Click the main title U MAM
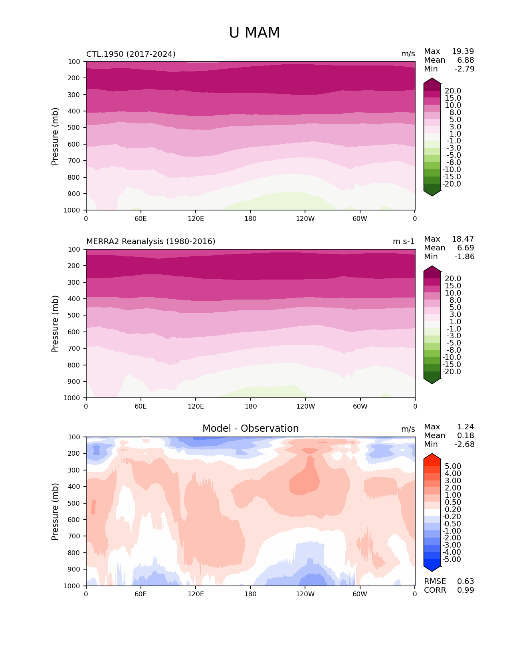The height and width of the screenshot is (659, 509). point(254,33)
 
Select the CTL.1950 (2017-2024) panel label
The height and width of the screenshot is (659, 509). point(131,54)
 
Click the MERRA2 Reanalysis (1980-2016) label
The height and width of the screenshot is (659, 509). point(151,242)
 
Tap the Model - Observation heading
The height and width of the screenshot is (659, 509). point(250,429)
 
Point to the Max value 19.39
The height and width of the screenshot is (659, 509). point(463,52)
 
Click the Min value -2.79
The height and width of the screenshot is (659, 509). point(464,69)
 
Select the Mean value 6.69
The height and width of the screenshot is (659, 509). point(465,248)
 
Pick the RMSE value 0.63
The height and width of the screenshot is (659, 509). point(465,582)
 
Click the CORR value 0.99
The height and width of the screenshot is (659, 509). point(465,590)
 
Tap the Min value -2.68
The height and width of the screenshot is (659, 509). point(464,445)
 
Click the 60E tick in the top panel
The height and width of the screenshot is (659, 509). point(141,219)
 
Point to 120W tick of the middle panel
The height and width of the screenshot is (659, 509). point(305,407)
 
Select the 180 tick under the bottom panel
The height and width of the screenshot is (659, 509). point(250,594)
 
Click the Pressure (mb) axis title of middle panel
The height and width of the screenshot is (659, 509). point(55,324)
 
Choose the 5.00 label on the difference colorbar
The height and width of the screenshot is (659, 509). point(453,466)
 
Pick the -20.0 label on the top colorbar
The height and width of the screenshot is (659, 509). point(452,184)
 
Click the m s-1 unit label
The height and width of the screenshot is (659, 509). point(404,242)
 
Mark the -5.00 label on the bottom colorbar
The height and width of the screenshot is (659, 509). point(452,560)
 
